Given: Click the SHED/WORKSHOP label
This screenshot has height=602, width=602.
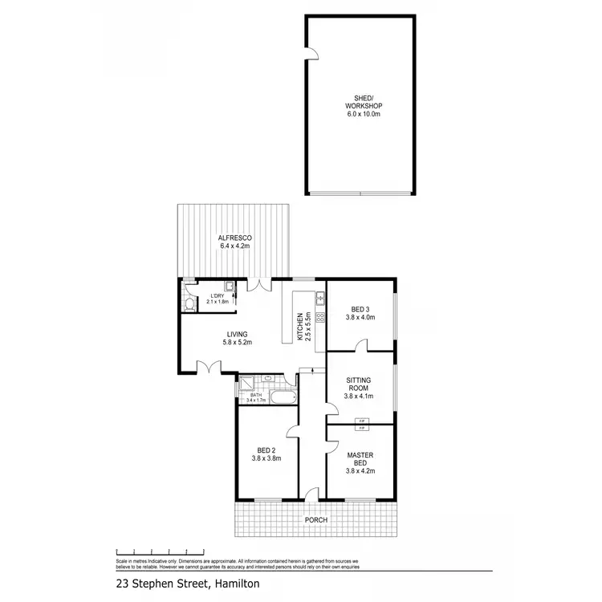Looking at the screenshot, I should [x=361, y=106].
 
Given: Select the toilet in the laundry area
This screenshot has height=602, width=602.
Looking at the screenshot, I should [x=189, y=304].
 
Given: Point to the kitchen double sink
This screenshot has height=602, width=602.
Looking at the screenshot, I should [x=319, y=299].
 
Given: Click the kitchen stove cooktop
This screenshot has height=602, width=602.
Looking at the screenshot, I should [x=319, y=318].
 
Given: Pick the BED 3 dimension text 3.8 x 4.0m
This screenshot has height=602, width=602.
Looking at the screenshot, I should [x=361, y=318].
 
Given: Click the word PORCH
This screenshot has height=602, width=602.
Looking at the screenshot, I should [x=316, y=520].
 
